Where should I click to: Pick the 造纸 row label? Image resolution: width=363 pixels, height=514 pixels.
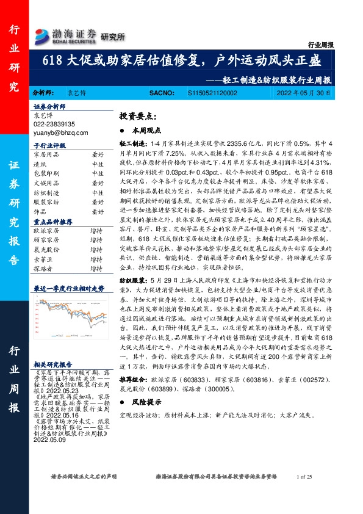(x=40, y=164)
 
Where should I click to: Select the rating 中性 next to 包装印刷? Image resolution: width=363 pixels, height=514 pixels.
(x=98, y=173)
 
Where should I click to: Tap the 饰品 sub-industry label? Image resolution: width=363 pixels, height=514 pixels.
(x=40, y=211)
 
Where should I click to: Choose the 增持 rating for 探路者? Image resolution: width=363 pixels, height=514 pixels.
(x=96, y=268)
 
